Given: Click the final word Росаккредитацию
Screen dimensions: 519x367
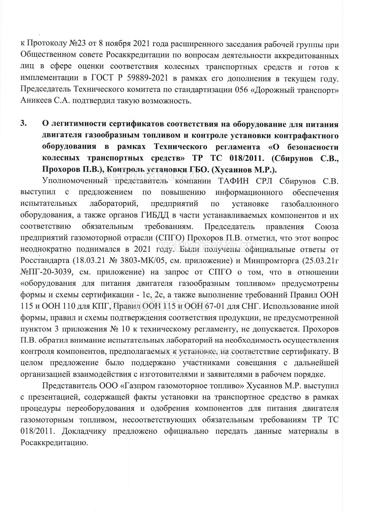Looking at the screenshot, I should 54,443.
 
